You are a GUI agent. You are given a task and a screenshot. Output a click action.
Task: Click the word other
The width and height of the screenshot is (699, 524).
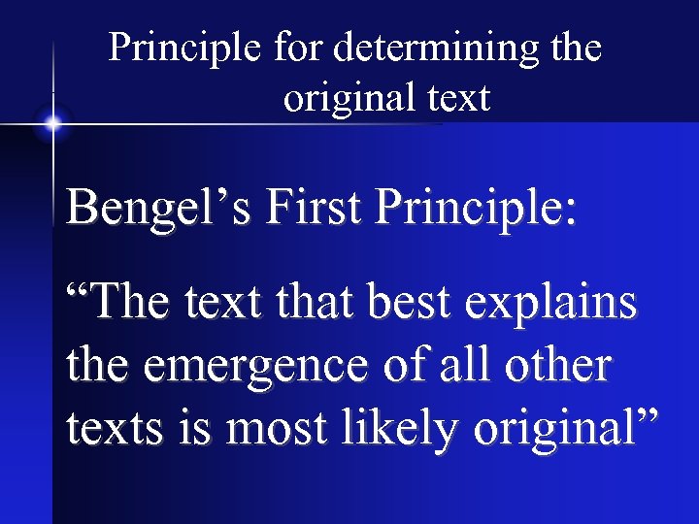click(560, 367)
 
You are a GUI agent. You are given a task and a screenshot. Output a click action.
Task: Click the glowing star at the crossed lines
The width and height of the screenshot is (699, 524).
click(52, 123)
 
